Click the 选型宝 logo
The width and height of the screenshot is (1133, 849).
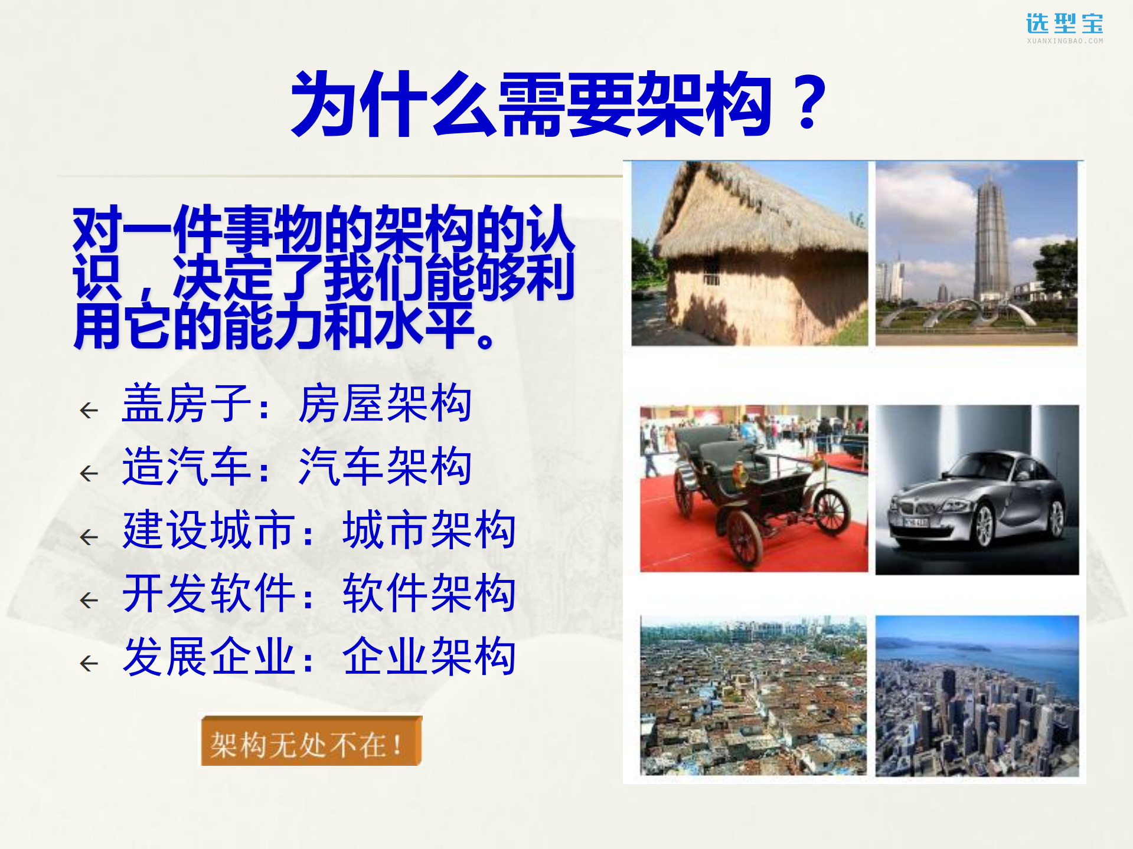tap(1065, 27)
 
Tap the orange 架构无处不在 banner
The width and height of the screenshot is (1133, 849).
tap(311, 742)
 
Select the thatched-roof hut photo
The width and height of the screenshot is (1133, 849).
tap(749, 254)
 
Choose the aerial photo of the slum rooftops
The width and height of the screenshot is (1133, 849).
tap(753, 696)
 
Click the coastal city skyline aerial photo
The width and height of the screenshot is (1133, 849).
tap(977, 696)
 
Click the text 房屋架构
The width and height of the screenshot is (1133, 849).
tap(385, 404)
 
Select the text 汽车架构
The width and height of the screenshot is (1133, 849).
tap(385, 467)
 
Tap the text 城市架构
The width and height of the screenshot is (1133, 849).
tap(429, 530)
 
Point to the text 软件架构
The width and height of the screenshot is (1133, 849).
tap(429, 593)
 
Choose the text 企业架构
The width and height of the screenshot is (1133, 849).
tap(429, 656)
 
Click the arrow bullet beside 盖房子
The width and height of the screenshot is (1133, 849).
tap(89, 410)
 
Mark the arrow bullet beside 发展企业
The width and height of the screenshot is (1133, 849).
tap(89, 663)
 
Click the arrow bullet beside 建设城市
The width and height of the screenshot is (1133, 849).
tap(89, 537)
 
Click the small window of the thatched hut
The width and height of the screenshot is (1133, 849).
tap(710, 278)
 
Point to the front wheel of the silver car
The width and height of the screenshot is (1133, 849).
tap(984, 526)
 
